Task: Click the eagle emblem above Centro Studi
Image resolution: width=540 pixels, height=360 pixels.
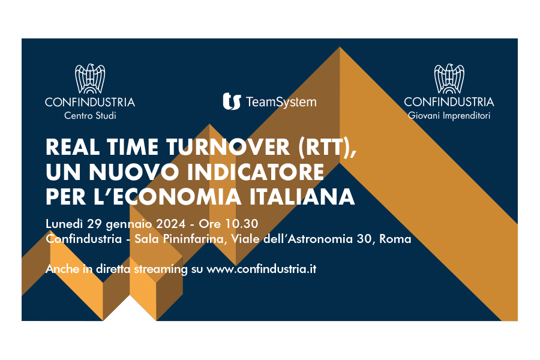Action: (90, 79)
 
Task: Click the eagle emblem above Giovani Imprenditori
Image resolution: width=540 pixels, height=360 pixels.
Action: (449, 79)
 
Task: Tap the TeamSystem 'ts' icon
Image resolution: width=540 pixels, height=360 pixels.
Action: (232, 101)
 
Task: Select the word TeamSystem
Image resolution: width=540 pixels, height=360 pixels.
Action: (281, 102)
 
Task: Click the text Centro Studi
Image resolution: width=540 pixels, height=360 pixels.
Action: (90, 115)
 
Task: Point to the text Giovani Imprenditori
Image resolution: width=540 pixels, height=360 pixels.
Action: (449, 115)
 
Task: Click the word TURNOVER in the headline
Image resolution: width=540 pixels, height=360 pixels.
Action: (229, 147)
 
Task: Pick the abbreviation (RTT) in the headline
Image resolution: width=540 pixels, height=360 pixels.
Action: (327, 148)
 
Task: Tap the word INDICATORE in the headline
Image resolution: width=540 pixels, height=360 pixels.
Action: (256, 172)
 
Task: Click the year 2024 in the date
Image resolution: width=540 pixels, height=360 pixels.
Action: (171, 224)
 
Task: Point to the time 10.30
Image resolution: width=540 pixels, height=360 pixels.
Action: (242, 224)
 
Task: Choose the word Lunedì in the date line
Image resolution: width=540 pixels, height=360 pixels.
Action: (64, 224)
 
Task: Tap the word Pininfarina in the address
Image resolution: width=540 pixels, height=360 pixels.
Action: (194, 239)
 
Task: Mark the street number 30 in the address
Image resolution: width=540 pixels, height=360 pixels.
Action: (364, 239)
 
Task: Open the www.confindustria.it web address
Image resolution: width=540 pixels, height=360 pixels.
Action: (261, 269)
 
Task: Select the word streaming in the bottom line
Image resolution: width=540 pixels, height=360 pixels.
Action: (160, 269)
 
